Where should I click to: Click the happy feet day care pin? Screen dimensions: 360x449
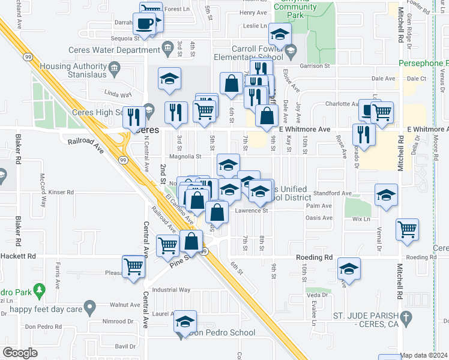(x=90, y=309)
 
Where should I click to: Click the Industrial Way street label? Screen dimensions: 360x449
(x=171, y=290)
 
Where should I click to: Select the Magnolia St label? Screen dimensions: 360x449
(x=185, y=156)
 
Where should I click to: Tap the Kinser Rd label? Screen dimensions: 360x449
(x=61, y=193)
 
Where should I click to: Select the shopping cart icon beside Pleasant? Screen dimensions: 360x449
(x=133, y=266)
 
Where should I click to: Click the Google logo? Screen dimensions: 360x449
(x=20, y=353)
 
